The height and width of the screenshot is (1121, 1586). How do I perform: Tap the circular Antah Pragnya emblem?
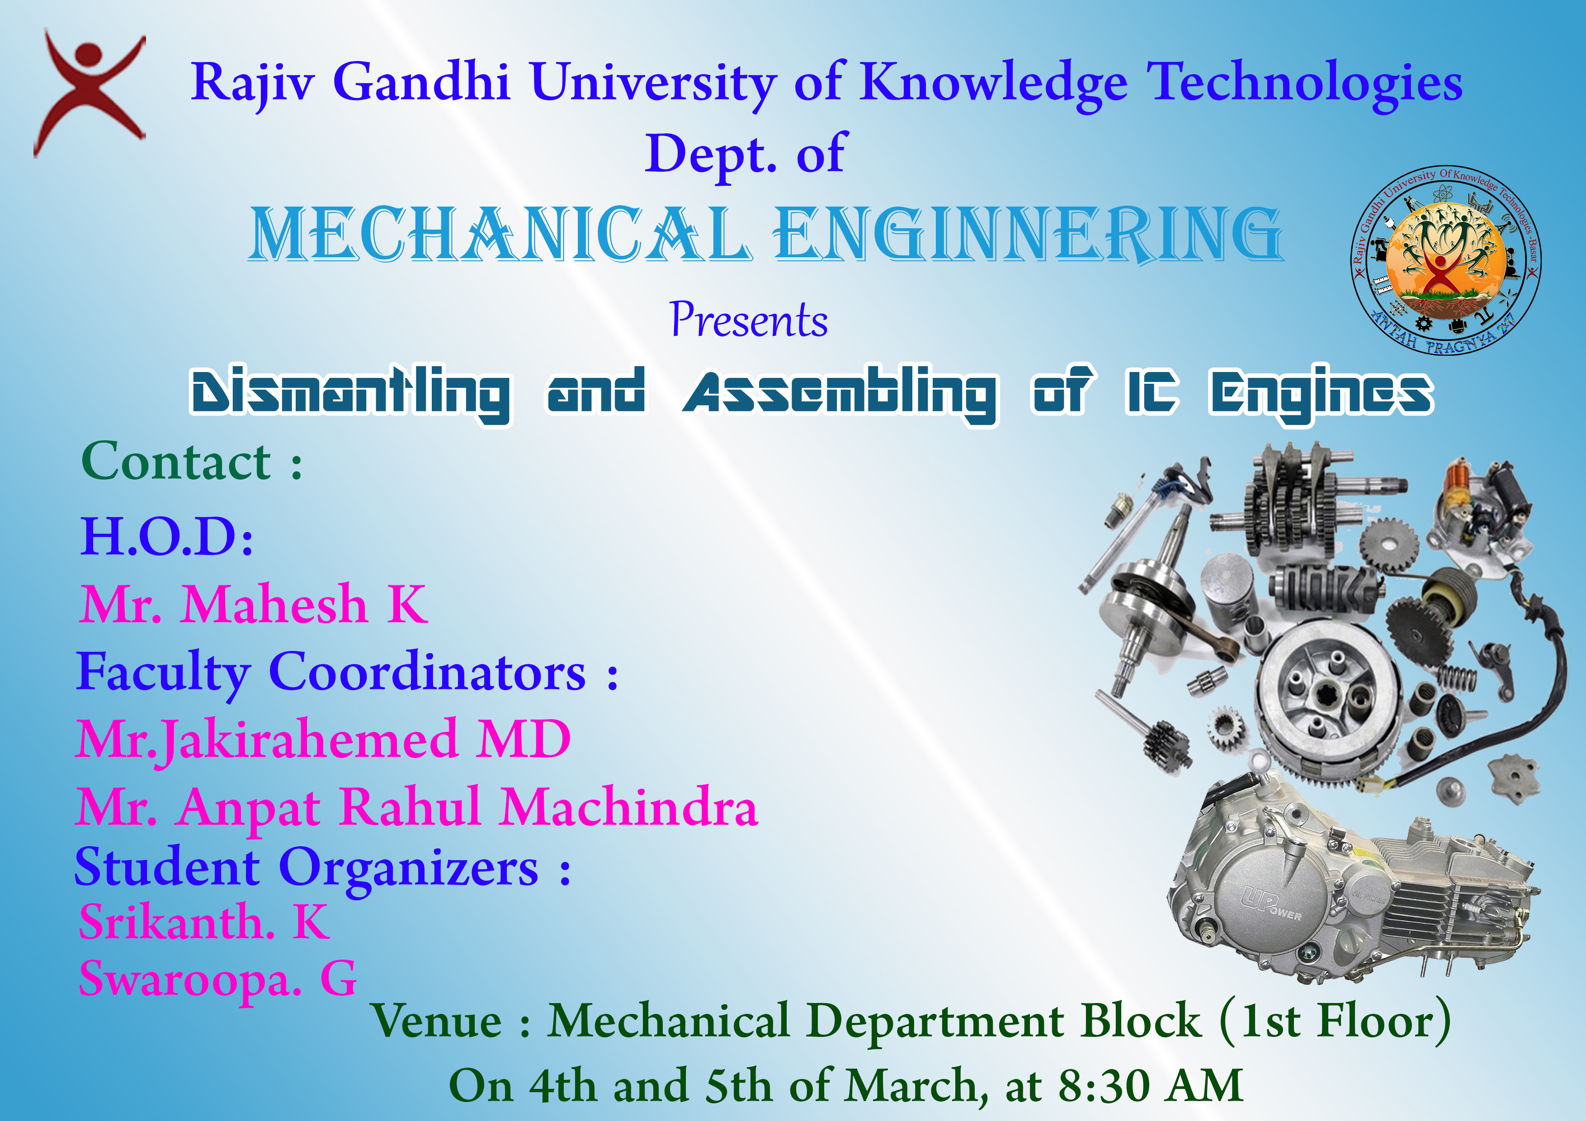1446,260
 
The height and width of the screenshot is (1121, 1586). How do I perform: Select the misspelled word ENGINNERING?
1028,235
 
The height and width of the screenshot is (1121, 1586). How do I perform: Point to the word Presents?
749,320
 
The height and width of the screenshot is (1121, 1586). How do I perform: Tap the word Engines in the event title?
1321,394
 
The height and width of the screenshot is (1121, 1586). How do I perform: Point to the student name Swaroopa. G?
217,980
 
